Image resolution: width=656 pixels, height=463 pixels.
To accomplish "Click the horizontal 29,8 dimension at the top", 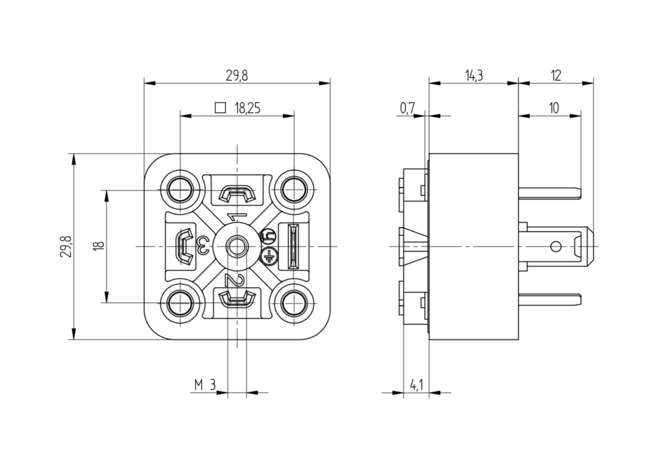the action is click(x=237, y=76).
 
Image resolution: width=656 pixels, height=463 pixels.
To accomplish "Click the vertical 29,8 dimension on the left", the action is click(x=66, y=246).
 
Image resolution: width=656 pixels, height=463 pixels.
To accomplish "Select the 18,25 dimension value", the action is click(x=248, y=108).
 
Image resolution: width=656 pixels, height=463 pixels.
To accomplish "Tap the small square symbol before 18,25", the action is click(x=220, y=108).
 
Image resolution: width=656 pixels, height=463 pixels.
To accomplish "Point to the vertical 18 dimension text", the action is click(x=99, y=246).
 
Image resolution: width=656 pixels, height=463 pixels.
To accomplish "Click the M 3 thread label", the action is click(x=205, y=385).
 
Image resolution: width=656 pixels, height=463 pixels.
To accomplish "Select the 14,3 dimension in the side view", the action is click(x=474, y=76).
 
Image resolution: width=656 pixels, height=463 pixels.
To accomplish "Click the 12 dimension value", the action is click(x=556, y=76).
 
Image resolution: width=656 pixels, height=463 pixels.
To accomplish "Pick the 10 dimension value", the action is click(x=554, y=108).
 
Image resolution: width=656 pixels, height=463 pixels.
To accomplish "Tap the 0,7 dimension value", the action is click(x=407, y=108).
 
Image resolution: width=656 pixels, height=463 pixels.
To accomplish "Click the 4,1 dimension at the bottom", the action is click(x=417, y=385).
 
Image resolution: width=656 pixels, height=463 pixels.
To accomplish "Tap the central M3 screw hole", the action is click(x=237, y=247).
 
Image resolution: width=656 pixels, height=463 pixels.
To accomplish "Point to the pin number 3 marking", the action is click(x=203, y=246).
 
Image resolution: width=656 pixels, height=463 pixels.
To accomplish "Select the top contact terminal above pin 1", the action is click(x=237, y=194).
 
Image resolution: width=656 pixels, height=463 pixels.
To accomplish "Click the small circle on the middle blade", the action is click(x=556, y=247).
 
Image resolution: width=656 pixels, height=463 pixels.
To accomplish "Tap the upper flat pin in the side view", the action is click(x=550, y=193).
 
